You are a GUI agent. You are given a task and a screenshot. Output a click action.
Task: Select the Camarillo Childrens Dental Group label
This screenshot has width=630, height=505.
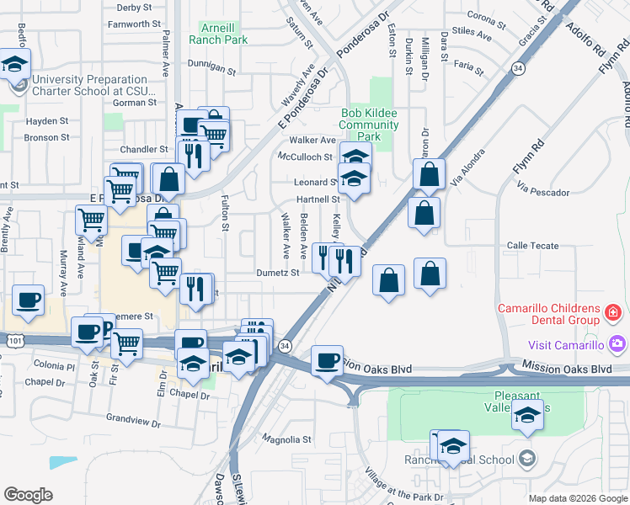558,316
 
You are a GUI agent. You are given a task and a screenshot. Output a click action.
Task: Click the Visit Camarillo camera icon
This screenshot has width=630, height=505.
618,344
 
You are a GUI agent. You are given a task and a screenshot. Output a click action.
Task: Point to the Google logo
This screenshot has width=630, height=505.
28,495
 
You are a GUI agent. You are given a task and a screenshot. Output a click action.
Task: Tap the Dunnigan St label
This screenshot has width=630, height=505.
210,65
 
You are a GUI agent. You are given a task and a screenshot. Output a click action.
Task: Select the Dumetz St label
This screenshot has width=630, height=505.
278,273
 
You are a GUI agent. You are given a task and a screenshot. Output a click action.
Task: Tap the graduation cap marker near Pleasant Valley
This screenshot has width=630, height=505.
528,416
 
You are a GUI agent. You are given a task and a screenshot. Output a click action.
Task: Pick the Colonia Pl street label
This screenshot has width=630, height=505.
55,365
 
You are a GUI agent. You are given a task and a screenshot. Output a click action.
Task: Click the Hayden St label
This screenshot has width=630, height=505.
46,121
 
